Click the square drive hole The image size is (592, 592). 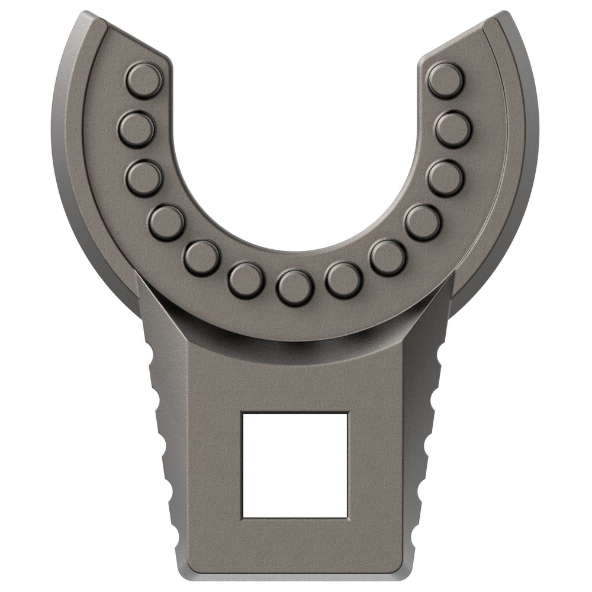(x=295, y=464)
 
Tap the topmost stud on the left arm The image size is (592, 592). (x=144, y=80)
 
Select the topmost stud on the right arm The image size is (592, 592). (x=445, y=80)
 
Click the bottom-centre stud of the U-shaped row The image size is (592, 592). (x=295, y=287)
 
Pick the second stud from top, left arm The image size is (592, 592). (x=136, y=129)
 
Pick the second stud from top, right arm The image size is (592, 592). (x=453, y=129)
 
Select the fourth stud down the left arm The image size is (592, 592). (x=166, y=222)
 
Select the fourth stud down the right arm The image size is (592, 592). (x=423, y=222)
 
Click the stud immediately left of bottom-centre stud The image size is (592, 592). (x=246, y=280)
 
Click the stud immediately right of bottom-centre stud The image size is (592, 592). (x=344, y=280)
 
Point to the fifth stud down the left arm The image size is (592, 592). (x=202, y=258)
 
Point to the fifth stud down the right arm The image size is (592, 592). (x=387, y=258)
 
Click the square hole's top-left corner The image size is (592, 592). (x=243, y=413)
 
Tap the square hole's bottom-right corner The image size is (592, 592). (x=348, y=516)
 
